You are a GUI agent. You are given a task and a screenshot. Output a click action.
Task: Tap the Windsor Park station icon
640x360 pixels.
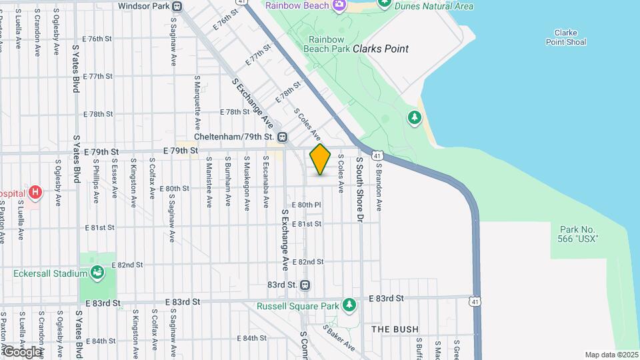pyautogui.click(x=177, y=7)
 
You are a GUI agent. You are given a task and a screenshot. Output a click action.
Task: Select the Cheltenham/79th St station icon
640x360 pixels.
pyautogui.click(x=283, y=137)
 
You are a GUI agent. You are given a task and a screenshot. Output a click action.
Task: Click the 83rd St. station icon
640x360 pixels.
pyautogui.click(x=305, y=285)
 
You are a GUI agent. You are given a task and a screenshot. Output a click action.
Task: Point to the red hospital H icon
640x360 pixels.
pyautogui.click(x=35, y=193)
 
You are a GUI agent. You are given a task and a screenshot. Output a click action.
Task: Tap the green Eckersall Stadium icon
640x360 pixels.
pyautogui.click(x=97, y=273)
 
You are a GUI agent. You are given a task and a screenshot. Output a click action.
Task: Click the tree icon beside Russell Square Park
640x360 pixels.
pyautogui.click(x=349, y=306)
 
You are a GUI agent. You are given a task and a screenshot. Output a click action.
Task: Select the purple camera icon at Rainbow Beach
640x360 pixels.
pyautogui.click(x=339, y=5)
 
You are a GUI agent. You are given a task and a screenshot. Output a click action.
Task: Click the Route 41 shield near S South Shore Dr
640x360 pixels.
pyautogui.click(x=378, y=156)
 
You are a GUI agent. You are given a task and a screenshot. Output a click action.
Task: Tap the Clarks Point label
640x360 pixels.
pyautogui.click(x=380, y=49)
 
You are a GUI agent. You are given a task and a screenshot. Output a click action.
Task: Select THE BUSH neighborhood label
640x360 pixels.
pyautogui.click(x=395, y=329)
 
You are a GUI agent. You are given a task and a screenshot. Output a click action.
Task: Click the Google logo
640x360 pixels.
pyautogui.click(x=22, y=351)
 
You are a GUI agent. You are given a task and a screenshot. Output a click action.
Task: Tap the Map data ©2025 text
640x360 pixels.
pyautogui.click(x=611, y=355)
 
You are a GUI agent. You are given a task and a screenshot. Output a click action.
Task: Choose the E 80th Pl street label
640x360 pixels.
pyautogui.click(x=307, y=205)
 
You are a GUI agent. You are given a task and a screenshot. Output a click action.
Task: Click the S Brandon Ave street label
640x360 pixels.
pyautogui.click(x=378, y=189)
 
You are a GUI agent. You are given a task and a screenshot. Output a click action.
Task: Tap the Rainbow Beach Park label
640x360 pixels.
pyautogui.click(x=326, y=43)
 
